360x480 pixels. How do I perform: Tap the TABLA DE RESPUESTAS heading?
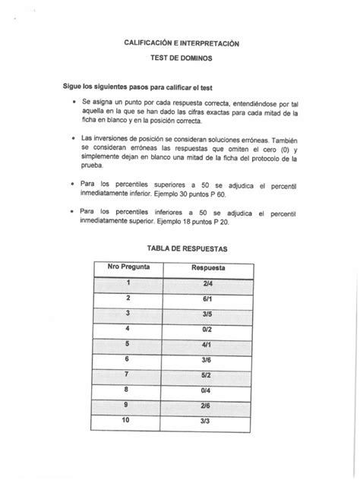coord(179,248)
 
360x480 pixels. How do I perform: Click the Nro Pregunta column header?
coord(128,268)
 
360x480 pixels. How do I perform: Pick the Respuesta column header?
coord(207,268)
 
